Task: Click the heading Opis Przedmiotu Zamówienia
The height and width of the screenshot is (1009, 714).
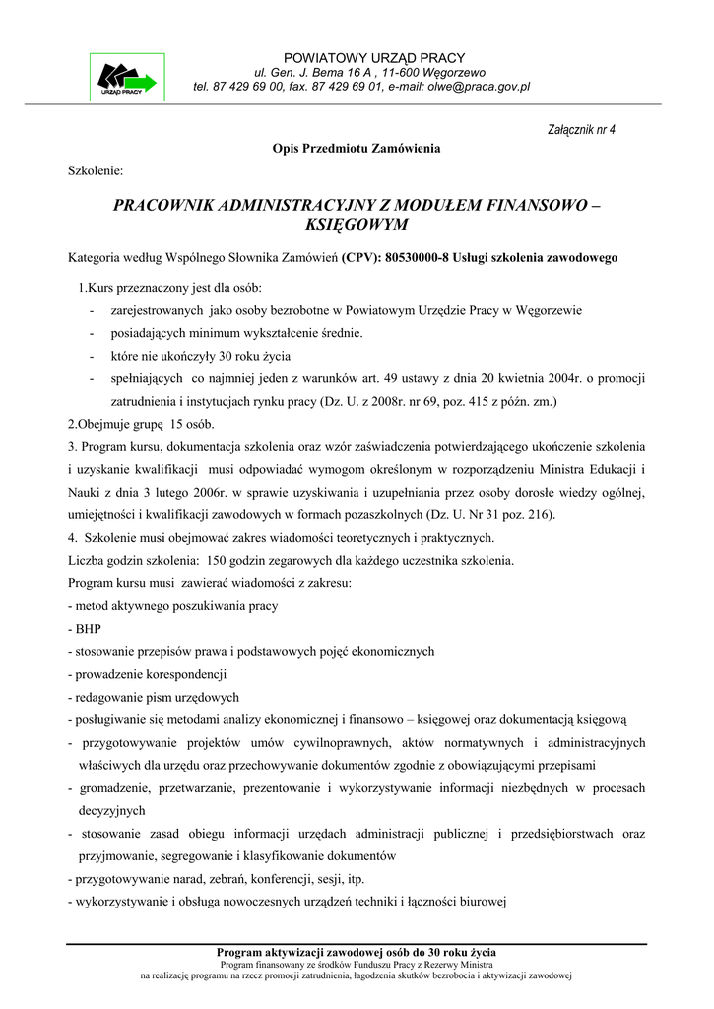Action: point(357,148)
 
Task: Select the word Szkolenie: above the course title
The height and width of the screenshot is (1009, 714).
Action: point(96,170)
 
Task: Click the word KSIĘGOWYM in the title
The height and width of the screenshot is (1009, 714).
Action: point(357,225)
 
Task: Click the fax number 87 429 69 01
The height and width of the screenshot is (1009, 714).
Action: point(334,87)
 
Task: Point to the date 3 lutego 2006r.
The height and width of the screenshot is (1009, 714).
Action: point(217,492)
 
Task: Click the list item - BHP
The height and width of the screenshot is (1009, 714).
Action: point(84,628)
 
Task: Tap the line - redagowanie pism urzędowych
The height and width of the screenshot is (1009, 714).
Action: point(154,697)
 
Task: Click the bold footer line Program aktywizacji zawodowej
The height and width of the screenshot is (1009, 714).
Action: point(357,952)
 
